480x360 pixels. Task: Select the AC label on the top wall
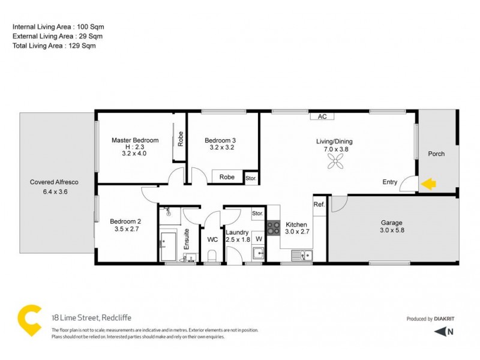[x=322, y=116]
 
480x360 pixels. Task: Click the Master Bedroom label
[x=135, y=140]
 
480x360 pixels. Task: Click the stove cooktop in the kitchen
[x=274, y=227]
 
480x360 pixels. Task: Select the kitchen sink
[x=301, y=256]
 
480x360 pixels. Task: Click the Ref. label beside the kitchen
[x=319, y=205]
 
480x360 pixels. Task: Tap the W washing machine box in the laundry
[x=259, y=239]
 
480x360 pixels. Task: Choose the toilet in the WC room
[x=211, y=256]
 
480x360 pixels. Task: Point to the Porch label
[x=436, y=154]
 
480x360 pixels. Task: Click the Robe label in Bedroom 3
[x=226, y=177]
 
